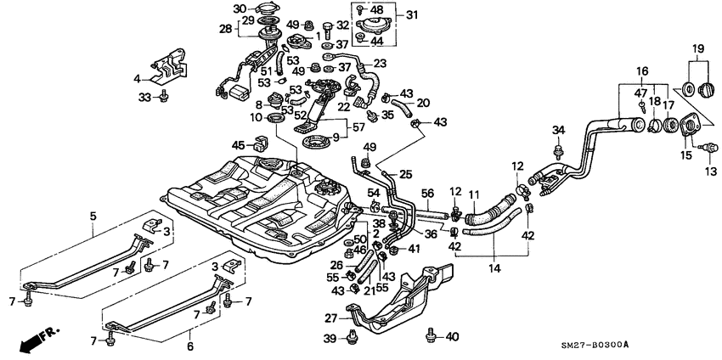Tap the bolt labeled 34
point(558,151)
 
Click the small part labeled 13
point(702,151)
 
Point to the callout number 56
point(428,193)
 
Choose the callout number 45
point(239,145)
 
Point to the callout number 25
point(406,174)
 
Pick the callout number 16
point(643,70)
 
